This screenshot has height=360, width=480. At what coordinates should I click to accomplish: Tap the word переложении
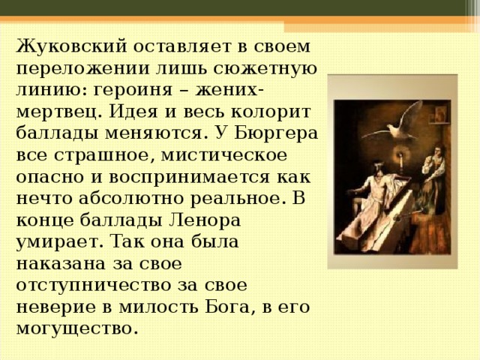coord(83,68)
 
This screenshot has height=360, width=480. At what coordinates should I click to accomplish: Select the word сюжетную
coord(265,68)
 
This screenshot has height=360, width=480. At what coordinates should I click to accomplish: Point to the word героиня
coord(133,91)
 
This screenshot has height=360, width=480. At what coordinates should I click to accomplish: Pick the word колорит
coord(271,112)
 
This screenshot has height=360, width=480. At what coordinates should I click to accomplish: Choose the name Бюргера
coord(276,133)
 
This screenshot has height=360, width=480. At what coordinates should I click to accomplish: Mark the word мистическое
coord(224,155)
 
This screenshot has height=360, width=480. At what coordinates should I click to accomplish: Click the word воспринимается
coord(190,178)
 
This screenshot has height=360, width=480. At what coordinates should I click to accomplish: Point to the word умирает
coord(58,242)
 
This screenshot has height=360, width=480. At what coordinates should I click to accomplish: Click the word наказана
coord(60,263)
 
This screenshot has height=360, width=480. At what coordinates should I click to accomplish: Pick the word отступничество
coord(93,286)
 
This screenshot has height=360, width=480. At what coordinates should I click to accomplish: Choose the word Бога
coord(227,307)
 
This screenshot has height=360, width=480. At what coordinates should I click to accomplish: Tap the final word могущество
coord(75,329)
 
